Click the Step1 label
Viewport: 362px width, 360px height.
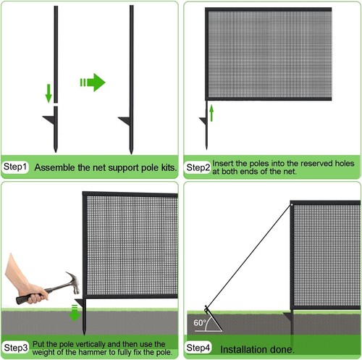(16, 167)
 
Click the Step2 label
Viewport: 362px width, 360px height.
(198, 168)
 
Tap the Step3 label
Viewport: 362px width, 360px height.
(16, 348)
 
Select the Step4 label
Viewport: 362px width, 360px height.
(199, 348)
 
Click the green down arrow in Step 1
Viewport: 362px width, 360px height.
(49, 93)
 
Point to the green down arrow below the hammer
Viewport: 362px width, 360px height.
(74, 313)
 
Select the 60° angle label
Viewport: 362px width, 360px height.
(200, 322)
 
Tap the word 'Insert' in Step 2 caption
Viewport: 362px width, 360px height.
(224, 163)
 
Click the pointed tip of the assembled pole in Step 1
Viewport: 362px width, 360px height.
(131, 150)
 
